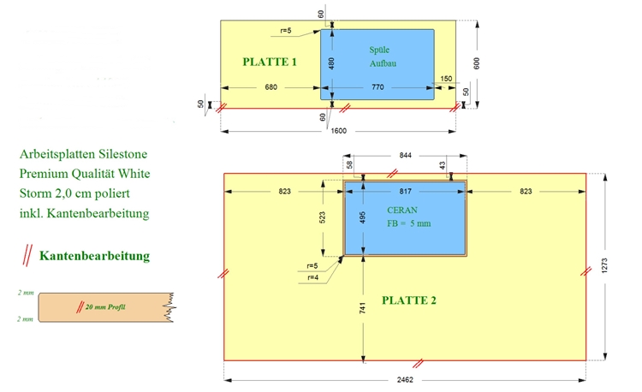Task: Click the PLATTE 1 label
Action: coord(270,62)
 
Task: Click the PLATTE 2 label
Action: coord(409,300)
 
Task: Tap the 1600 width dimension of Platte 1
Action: coord(339,131)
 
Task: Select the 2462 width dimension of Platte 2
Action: coord(405,380)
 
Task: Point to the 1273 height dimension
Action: coord(604,266)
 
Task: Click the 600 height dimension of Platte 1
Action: coord(476,63)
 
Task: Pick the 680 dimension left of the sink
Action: coord(271,87)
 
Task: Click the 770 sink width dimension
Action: coord(377,87)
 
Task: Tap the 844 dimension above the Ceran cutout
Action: coord(406,155)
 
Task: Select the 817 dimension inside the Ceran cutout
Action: coord(406,191)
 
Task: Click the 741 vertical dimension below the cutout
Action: coord(362,308)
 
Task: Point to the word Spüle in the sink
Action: coord(379,50)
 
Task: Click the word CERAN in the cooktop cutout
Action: coord(402,211)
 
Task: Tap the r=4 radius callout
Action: coord(312,277)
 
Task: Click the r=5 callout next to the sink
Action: coord(286,31)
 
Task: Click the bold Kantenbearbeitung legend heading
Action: coord(94,256)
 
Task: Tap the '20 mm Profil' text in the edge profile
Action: coord(105,307)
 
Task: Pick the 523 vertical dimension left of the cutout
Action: coord(322,217)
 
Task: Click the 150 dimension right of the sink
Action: coord(446,79)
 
